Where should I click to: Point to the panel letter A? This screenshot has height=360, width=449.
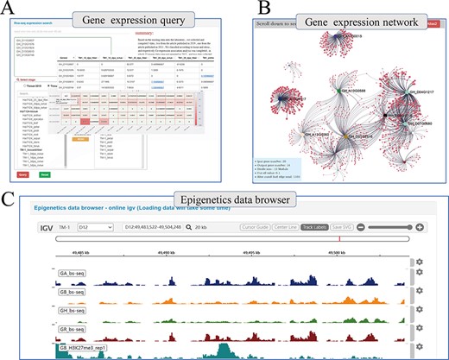tap(8, 9)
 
